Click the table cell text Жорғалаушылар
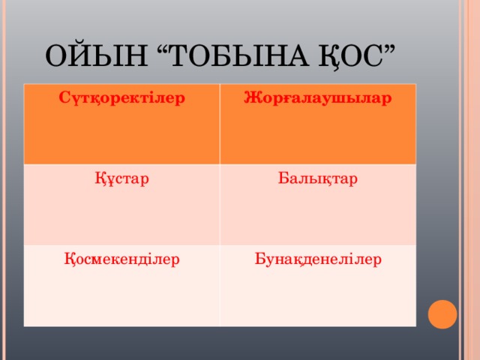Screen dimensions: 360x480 pos(317,99)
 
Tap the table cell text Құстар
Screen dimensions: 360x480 pos(121,180)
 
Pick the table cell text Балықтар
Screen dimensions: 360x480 pos(317,180)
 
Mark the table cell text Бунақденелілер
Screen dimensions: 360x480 pos(317,259)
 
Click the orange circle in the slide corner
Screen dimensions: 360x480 pos(442,313)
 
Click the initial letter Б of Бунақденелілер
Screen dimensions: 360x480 pos(259,259)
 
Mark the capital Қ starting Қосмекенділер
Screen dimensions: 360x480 pos(68,259)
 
